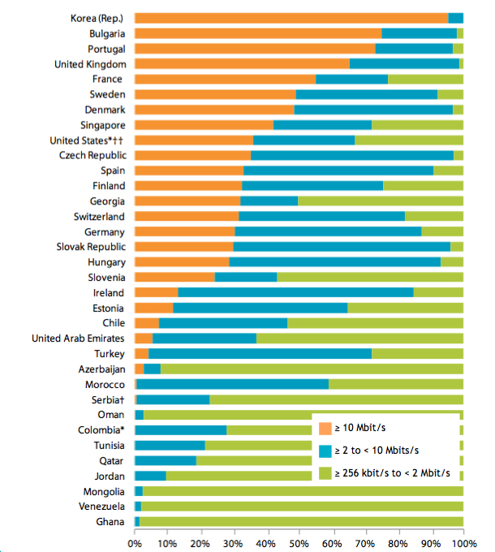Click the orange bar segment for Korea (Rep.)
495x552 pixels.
click(x=291, y=18)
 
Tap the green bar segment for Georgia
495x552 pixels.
click(x=381, y=201)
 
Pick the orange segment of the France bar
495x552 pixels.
click(x=225, y=79)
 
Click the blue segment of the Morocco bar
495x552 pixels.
click(x=233, y=384)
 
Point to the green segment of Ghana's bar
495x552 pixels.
click(x=301, y=521)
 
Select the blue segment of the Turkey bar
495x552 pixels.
click(x=260, y=354)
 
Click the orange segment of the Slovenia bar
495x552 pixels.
click(x=174, y=277)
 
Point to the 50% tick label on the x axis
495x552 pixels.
click(x=299, y=539)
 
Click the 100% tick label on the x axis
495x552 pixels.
click(x=463, y=539)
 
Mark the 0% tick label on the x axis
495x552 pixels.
click(x=135, y=539)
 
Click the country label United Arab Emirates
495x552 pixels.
click(x=78, y=339)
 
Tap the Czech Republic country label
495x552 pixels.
click(x=91, y=155)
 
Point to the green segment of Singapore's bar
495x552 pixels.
click(x=417, y=125)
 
